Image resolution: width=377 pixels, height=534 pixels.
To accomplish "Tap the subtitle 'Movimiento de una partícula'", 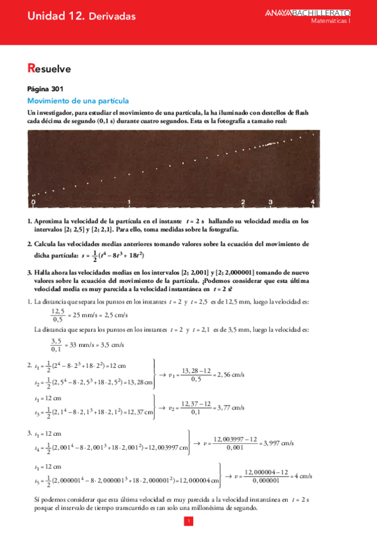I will tap(78, 101).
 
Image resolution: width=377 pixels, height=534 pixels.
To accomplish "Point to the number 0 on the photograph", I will tap(33, 202).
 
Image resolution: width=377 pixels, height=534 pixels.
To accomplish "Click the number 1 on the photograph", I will tap(129, 202).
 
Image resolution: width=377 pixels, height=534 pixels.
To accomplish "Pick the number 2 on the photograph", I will tap(243, 202).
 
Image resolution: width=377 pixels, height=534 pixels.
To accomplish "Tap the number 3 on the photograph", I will tap(271, 202).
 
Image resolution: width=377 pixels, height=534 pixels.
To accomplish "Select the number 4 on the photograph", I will tap(313, 202).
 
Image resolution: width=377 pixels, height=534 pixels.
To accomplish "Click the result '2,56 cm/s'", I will tap(230, 375).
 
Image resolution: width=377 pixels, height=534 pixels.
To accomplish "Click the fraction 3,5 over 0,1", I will tap(57, 345).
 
